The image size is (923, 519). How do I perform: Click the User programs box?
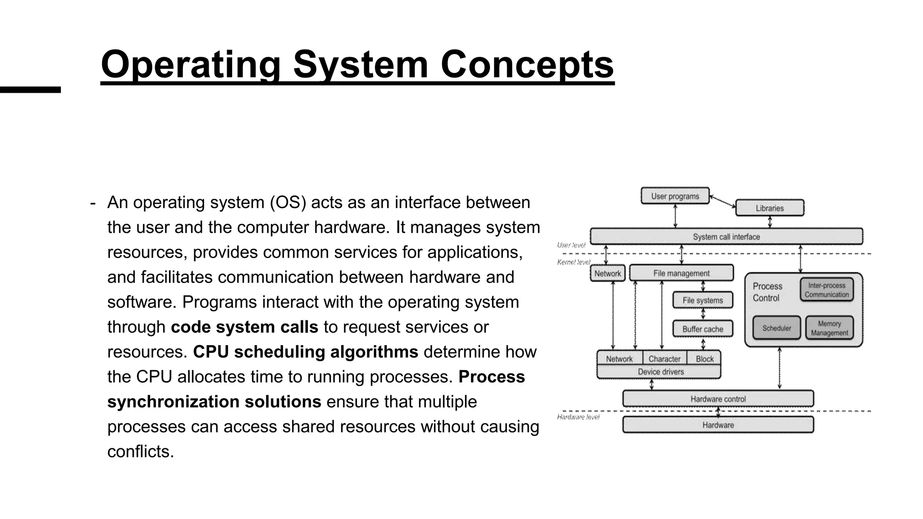pos(675,196)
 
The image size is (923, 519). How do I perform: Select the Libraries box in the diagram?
pos(769,208)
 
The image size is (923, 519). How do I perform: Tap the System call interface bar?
pos(726,237)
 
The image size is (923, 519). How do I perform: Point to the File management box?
pos(681,273)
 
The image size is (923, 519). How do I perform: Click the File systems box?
pos(702,300)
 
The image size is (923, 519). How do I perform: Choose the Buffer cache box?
pos(702,329)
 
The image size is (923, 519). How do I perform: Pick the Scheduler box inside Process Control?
pos(776,328)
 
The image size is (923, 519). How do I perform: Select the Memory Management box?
pos(829,328)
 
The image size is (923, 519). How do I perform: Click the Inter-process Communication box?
pos(826,290)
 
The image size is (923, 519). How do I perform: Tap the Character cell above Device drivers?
pos(664,359)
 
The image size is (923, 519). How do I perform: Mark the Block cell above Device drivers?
pos(704,359)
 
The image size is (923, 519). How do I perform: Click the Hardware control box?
pos(718,399)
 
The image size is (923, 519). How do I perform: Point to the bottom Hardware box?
pos(718,425)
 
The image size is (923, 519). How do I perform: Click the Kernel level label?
pos(573,262)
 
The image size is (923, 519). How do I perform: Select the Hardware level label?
pos(578,417)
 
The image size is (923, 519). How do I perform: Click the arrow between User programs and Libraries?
pos(722,202)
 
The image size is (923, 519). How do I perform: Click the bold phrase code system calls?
pos(244,327)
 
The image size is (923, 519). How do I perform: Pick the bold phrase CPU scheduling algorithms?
pos(306,352)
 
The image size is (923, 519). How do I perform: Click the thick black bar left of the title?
pos(30,90)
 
